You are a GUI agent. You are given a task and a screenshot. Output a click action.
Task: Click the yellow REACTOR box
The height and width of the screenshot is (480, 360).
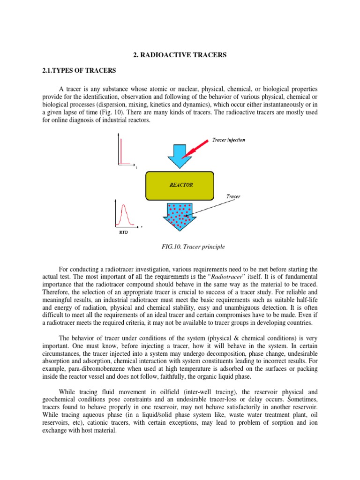(x=180, y=185)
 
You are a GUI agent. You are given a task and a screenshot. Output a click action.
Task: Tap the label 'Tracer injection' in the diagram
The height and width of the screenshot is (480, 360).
(x=228, y=140)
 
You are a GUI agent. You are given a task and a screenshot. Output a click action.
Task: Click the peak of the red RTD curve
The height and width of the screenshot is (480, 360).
(x=125, y=205)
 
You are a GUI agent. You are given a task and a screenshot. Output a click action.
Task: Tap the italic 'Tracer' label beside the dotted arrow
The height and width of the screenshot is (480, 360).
(x=233, y=197)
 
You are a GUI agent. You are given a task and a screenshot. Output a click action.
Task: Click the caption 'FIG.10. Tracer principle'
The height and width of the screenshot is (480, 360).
(x=180, y=247)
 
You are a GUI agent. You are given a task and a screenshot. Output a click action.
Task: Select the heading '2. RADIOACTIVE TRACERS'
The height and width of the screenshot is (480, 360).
(x=180, y=55)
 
